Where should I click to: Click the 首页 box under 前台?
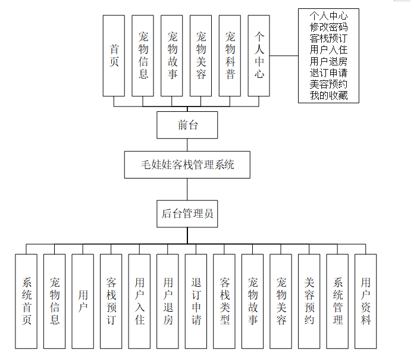[114, 55]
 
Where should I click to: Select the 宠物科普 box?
[230, 55]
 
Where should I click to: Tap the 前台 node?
[187, 125]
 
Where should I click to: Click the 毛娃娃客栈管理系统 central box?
[187, 165]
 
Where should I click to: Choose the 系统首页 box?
[26, 301]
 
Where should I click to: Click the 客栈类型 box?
[224, 301]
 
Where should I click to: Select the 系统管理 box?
[337, 301]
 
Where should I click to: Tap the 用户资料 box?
[366, 301]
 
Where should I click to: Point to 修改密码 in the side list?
[328, 27]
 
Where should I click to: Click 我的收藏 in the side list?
[328, 95]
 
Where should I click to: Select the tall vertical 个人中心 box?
[259, 55]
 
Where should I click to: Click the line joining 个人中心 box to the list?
[284, 56]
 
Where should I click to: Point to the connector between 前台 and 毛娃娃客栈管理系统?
[187, 145]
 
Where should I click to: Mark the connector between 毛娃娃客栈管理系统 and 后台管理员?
[187, 190]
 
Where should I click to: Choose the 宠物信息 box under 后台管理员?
[55, 301]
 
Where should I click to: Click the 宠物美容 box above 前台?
[201, 55]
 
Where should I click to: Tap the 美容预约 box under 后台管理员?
[309, 301]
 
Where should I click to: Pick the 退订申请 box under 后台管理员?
[196, 301]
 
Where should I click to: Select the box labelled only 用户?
[83, 301]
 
